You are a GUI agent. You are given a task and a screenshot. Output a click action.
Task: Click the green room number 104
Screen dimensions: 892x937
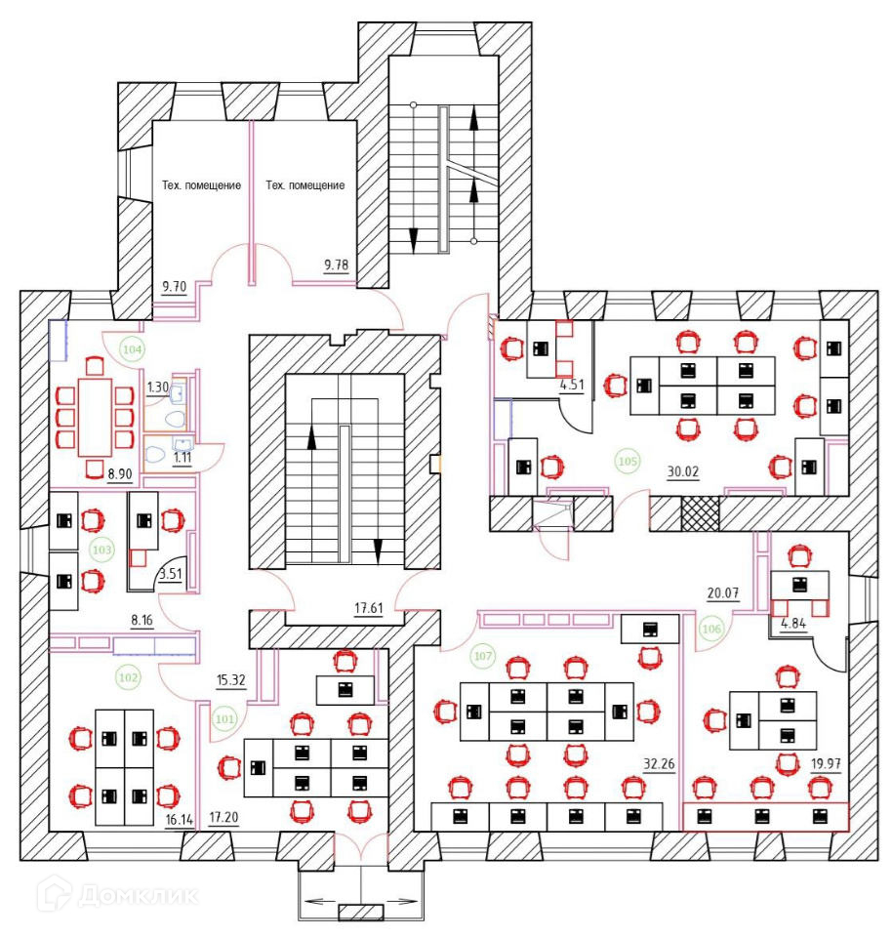click(x=132, y=346)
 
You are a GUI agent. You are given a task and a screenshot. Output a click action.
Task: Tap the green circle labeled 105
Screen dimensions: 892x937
click(x=628, y=459)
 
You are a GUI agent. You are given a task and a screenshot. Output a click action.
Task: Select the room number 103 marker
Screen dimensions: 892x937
click(x=101, y=550)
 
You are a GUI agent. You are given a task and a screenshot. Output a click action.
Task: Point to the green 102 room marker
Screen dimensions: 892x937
click(x=128, y=675)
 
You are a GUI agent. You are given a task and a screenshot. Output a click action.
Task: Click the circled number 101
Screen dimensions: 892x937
click(x=225, y=720)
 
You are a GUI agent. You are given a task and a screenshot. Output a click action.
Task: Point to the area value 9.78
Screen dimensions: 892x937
click(x=337, y=263)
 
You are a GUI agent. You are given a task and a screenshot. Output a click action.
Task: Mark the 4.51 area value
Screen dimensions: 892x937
click(x=571, y=385)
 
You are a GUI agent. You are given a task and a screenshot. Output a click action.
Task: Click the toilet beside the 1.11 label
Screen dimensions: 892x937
click(x=156, y=454)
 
